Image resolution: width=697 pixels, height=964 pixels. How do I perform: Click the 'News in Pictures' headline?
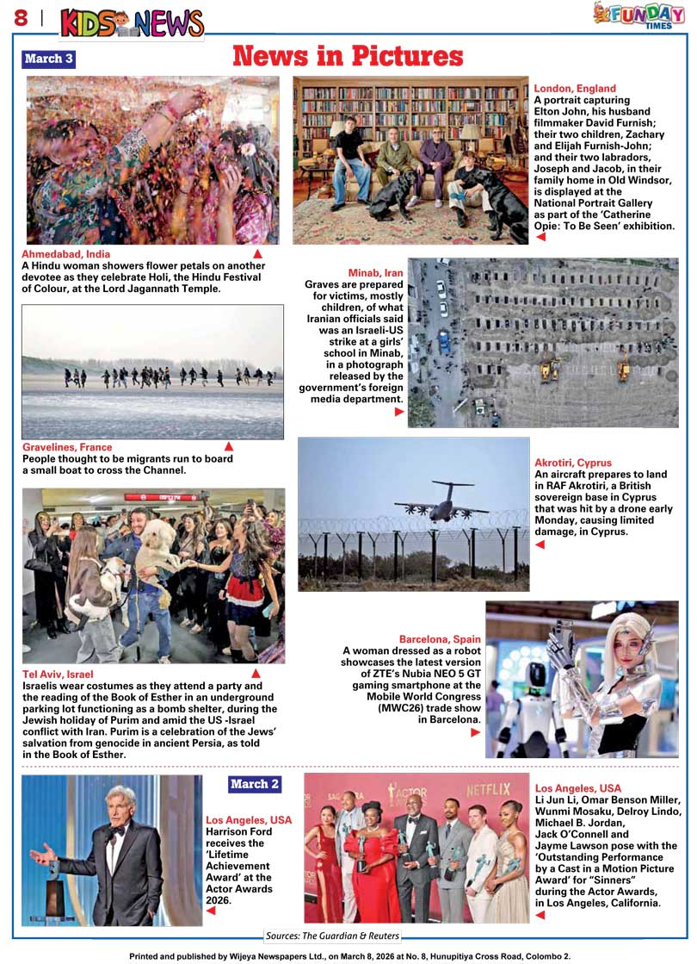pos(348,57)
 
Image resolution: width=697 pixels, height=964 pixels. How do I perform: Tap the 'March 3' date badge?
pos(49,59)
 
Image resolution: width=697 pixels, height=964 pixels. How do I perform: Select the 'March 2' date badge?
pos(255,784)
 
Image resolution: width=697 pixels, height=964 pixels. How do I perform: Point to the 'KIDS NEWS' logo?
pos(132,23)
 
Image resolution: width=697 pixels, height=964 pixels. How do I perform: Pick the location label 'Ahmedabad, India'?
pos(66,254)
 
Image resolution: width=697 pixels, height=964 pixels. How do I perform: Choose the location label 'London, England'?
pos(575,88)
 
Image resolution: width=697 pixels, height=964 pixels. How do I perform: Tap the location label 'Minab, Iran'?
pos(375,273)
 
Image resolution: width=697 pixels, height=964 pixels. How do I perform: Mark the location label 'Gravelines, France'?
pos(67,447)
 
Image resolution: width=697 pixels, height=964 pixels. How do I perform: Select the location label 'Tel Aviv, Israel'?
pos(58,674)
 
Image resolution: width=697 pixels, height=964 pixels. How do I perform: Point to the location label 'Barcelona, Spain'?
pos(440,638)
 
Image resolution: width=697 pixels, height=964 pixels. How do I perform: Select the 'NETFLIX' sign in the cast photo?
pos(488,789)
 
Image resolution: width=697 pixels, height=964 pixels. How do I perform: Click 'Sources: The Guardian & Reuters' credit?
pos(332,936)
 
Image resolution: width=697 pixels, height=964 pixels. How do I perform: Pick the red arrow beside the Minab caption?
pos(399,412)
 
